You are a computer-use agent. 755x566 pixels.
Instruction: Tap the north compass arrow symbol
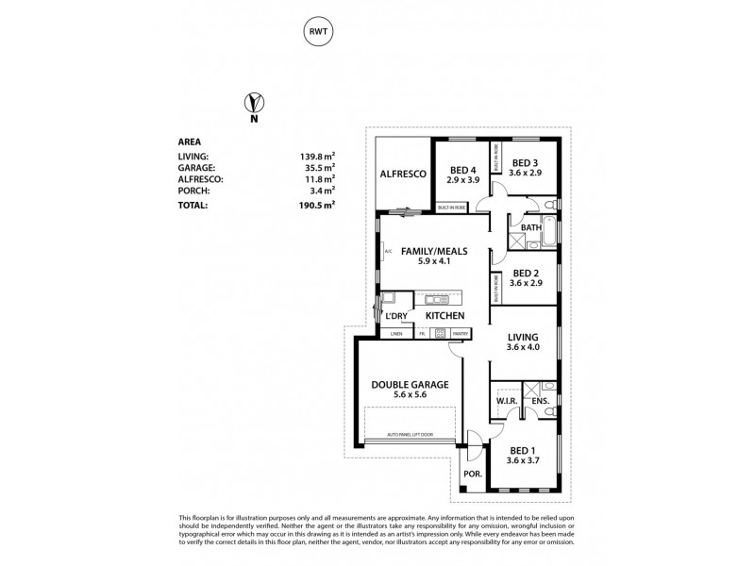click(x=253, y=103)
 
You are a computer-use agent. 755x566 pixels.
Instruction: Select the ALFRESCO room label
click(x=403, y=175)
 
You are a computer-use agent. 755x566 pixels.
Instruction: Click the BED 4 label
click(x=461, y=170)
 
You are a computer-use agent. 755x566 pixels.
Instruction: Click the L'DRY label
click(x=395, y=314)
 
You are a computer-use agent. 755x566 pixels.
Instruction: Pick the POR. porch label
click(x=470, y=474)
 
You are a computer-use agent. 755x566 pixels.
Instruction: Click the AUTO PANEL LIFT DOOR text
click(x=410, y=435)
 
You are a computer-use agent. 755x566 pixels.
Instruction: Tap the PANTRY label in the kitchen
click(x=461, y=333)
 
